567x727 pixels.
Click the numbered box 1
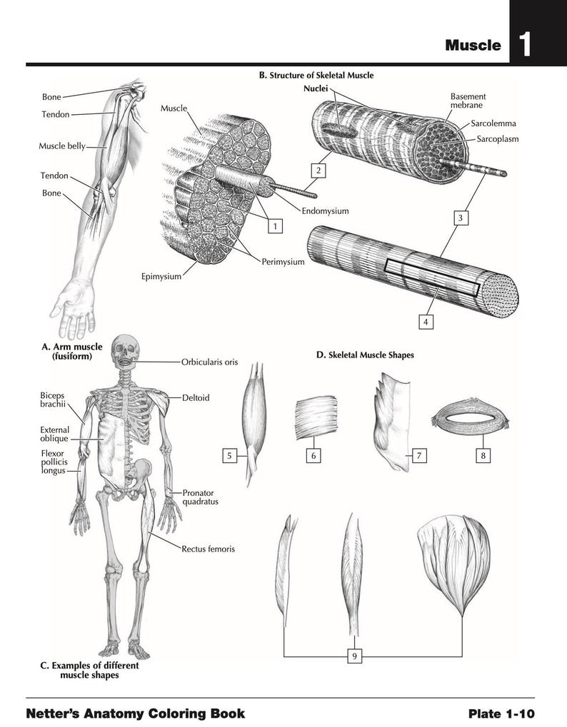(x=273, y=226)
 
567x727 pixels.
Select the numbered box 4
(x=426, y=322)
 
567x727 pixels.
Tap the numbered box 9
(x=353, y=656)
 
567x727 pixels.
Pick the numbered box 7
(x=418, y=455)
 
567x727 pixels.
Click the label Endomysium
(x=325, y=211)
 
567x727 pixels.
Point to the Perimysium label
(x=283, y=262)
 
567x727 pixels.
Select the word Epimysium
(x=161, y=276)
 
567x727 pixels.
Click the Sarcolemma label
(x=493, y=123)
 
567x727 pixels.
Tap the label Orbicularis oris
(x=209, y=362)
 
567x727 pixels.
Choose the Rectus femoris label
(x=208, y=549)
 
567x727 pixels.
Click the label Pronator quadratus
(x=199, y=497)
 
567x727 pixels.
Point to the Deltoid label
(x=196, y=397)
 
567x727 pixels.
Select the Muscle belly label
(x=61, y=146)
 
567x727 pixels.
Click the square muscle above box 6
(x=316, y=418)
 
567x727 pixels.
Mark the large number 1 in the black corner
(x=524, y=46)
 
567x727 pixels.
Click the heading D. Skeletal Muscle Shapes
(x=365, y=355)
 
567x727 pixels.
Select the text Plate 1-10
(x=501, y=713)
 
